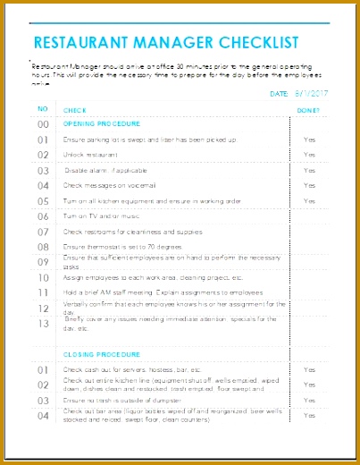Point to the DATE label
click(279, 92)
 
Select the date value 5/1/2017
click(312, 92)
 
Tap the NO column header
click(42, 109)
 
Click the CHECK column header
click(76, 110)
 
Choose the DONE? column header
click(308, 110)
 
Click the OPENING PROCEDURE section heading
click(101, 123)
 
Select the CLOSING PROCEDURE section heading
click(99, 354)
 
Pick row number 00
click(42, 125)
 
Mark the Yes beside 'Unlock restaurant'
click(309, 156)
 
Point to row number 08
click(42, 247)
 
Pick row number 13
click(42, 324)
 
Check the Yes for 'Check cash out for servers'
click(309, 369)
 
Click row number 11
click(42, 292)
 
